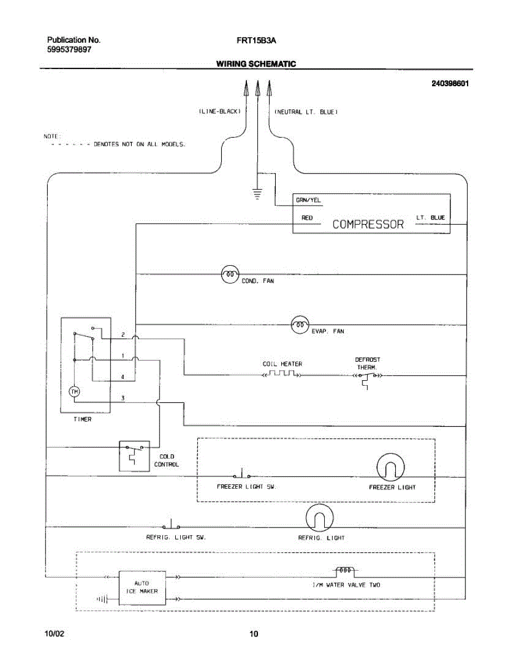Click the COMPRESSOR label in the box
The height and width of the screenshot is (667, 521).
(x=368, y=225)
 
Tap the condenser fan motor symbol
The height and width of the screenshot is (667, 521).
(x=230, y=274)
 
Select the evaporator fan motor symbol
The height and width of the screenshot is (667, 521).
(x=300, y=325)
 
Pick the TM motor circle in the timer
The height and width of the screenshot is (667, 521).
(x=75, y=392)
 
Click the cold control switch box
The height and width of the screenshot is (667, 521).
(x=135, y=456)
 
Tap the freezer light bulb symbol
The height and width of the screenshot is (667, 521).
(x=390, y=467)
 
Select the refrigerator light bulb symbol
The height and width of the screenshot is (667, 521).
(x=319, y=518)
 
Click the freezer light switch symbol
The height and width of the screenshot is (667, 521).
(x=242, y=474)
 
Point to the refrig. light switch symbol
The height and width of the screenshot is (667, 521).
(x=171, y=525)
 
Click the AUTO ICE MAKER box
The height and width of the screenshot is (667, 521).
(x=142, y=588)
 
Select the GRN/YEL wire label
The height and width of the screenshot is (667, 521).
(x=308, y=200)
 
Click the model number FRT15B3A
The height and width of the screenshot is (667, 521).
(x=256, y=41)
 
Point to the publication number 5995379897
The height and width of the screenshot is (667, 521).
(x=69, y=49)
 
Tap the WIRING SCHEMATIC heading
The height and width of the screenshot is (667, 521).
(x=256, y=64)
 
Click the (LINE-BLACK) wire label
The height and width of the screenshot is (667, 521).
(x=220, y=111)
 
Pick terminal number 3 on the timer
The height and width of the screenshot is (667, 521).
(x=123, y=398)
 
